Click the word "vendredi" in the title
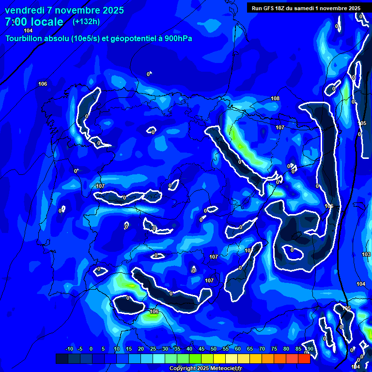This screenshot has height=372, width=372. point(24,10)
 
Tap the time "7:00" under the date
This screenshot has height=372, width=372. point(15,22)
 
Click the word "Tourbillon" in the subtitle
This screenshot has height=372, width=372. point(23,38)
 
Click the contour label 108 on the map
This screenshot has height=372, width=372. point(275,98)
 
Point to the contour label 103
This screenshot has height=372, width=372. point(366,254)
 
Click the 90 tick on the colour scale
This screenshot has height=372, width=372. point(310,349)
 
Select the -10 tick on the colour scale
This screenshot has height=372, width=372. point(69,349)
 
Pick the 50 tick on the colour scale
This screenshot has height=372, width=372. point(214,349)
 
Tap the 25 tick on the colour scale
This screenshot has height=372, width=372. point(153,349)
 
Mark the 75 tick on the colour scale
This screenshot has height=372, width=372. point(274,349)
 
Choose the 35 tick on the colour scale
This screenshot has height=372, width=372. point(177,349)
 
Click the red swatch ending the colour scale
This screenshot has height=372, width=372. point(304,358)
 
